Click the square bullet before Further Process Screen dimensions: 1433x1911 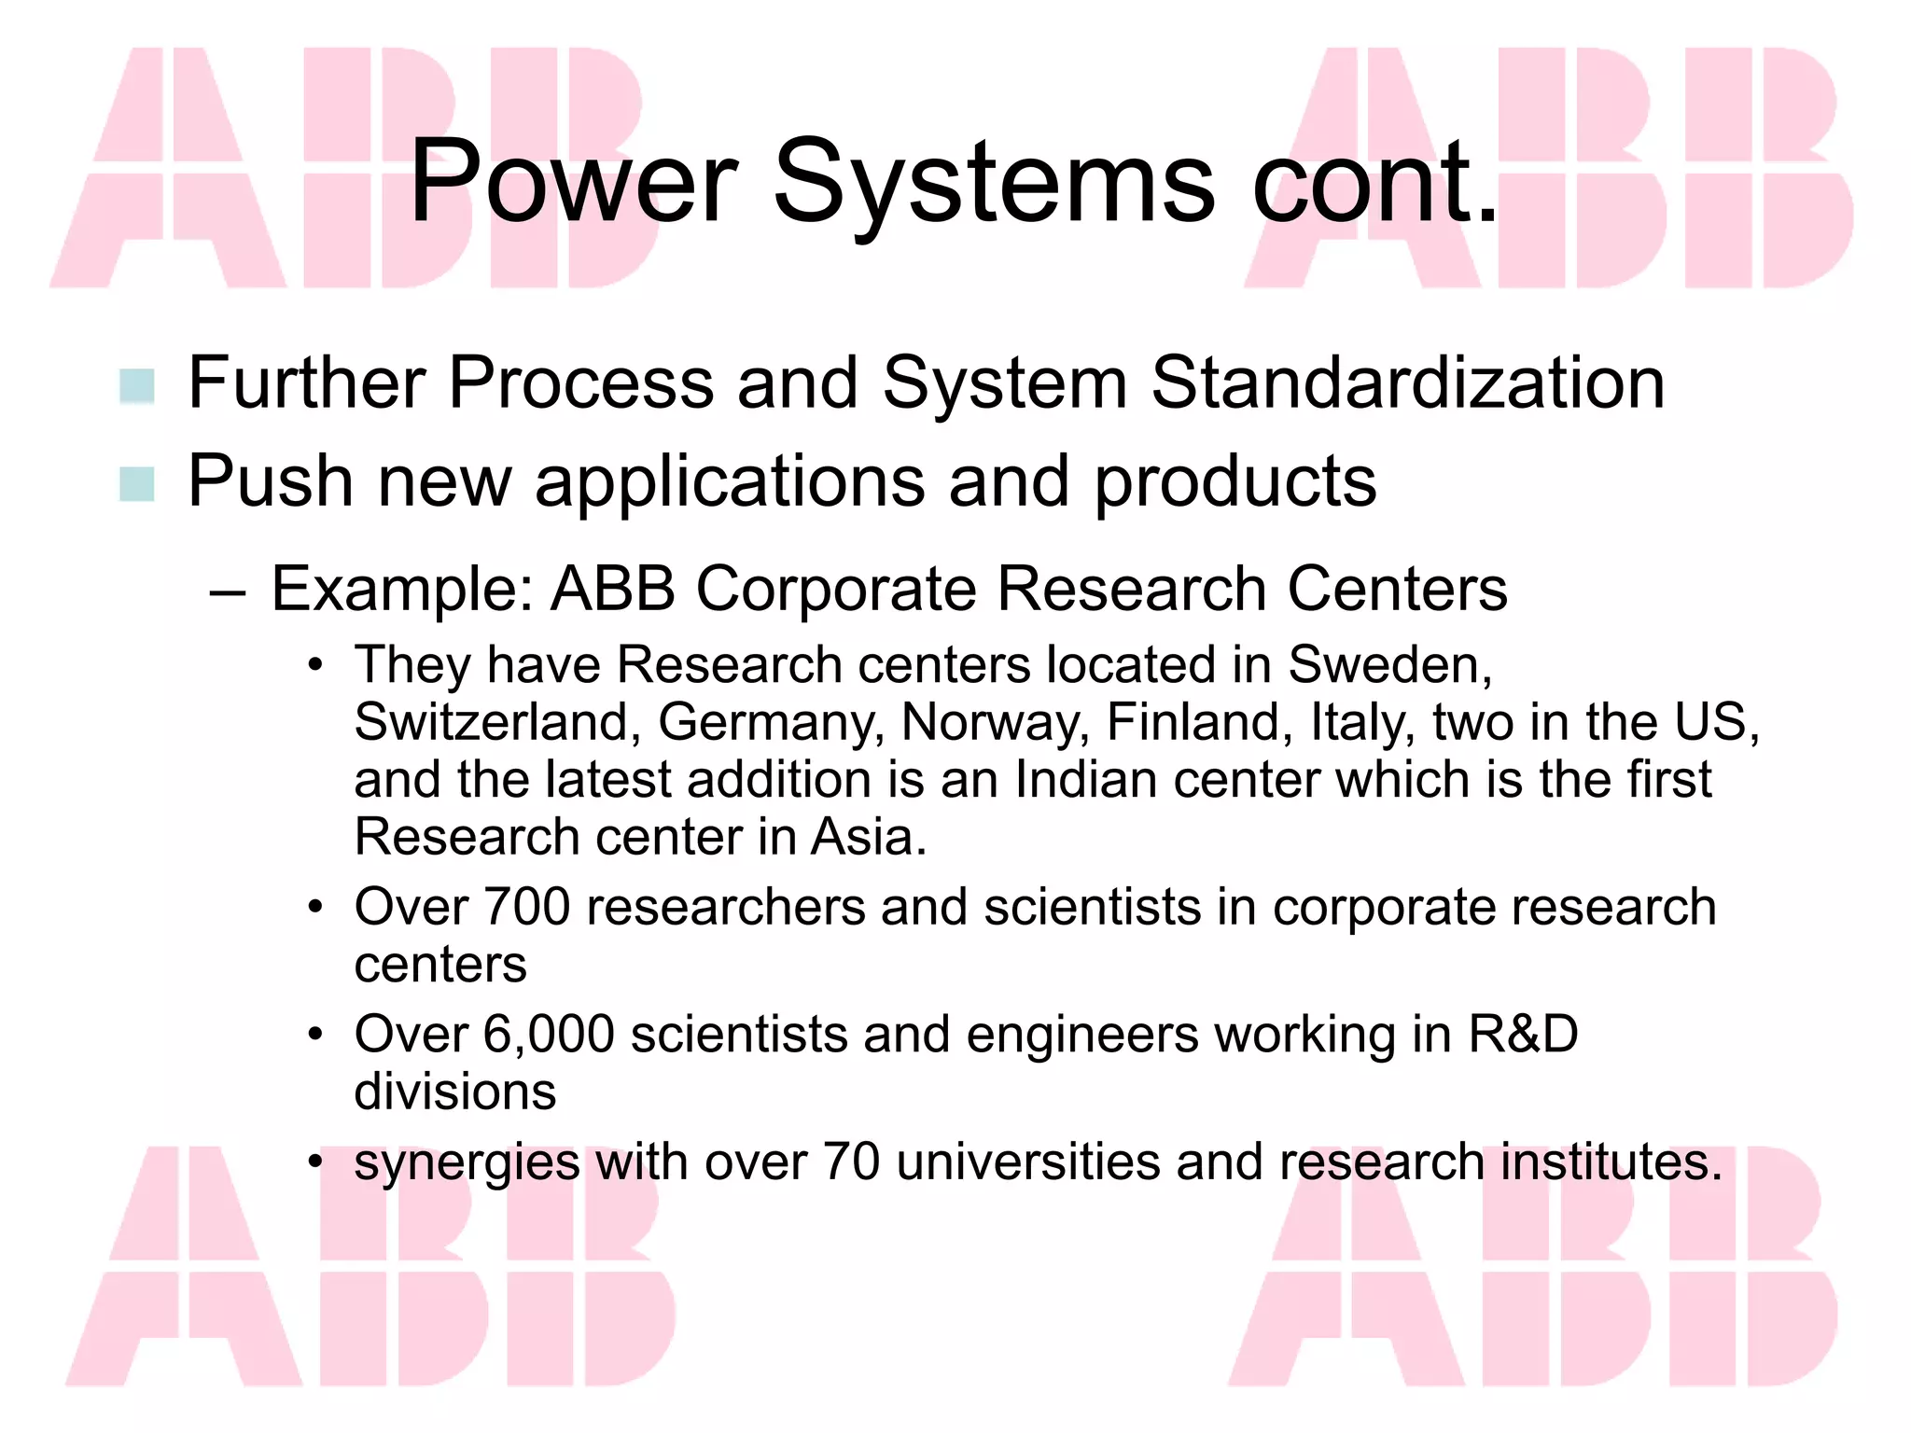(137, 386)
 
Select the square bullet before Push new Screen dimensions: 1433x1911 (137, 483)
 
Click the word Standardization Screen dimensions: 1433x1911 (1407, 383)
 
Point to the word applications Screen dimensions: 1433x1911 (730, 482)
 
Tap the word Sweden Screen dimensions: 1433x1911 (1388, 665)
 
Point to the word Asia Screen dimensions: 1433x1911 (868, 837)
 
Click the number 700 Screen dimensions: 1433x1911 (527, 907)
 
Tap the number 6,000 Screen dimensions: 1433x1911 (549, 1035)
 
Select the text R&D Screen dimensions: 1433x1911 (1523, 1035)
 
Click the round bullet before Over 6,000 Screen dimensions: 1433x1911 (316, 1035)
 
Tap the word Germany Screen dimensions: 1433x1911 (771, 723)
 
